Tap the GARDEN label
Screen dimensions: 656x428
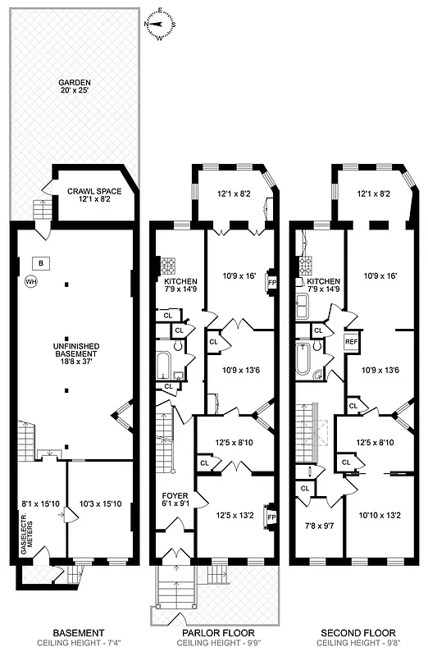(74, 88)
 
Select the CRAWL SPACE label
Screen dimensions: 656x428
(91, 194)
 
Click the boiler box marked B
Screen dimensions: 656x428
(41, 263)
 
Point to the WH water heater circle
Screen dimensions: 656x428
(32, 282)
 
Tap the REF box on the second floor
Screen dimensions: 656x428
(351, 342)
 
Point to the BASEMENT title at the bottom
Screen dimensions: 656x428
(78, 633)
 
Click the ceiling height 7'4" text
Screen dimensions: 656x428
(78, 644)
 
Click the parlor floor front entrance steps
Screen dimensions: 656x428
(175, 589)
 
